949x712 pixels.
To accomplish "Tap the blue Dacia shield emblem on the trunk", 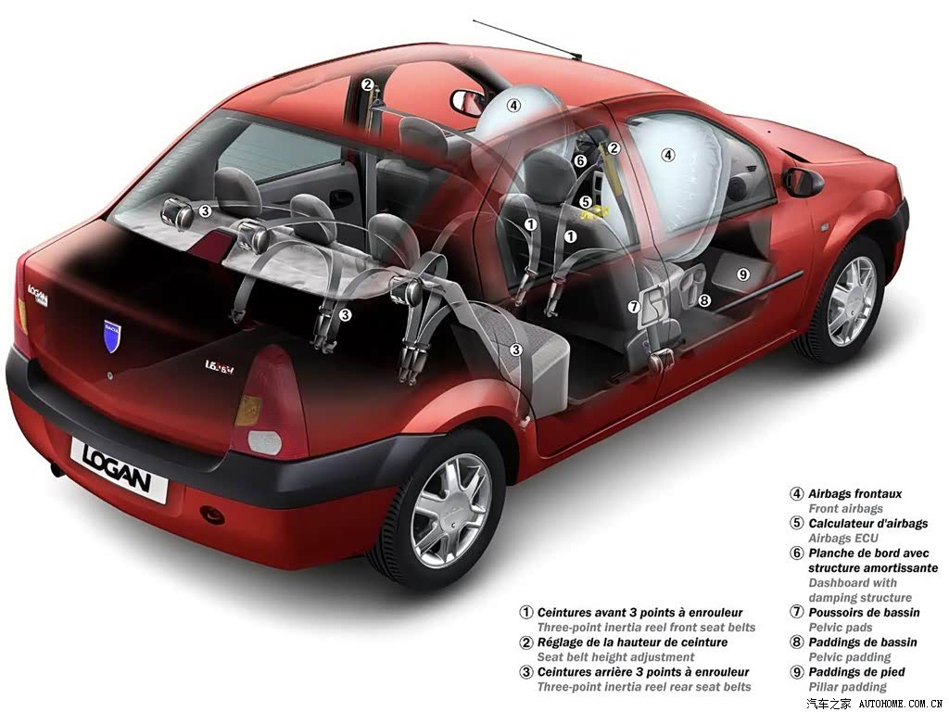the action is (112, 337).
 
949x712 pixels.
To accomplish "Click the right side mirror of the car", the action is (803, 182).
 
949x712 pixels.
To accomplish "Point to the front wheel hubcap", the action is (852, 302).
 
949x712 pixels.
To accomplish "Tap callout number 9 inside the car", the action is (743, 274).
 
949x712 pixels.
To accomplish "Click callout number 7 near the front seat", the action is (634, 307).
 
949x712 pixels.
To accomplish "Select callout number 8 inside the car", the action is (704, 300).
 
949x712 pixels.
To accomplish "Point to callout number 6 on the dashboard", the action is (580, 160).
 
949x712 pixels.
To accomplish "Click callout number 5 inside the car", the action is (586, 201).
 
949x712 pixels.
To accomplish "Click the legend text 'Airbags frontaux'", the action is (854, 494).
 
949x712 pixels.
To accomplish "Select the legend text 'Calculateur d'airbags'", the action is (867, 524).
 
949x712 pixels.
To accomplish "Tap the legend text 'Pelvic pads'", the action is (840, 628).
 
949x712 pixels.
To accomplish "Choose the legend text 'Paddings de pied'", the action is (856, 672).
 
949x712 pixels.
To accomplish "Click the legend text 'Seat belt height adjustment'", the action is (615, 657).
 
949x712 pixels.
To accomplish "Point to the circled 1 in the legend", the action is (526, 612).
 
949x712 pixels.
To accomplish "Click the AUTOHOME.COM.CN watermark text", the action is (901, 704).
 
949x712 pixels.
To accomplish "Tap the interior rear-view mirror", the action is (468, 102).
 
